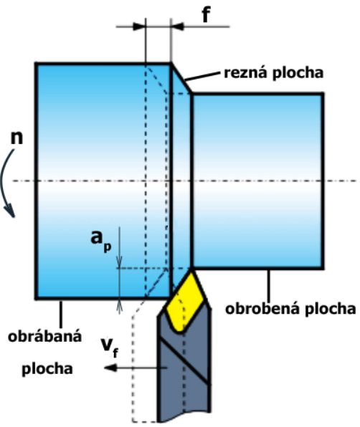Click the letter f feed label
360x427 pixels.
coord(206,15)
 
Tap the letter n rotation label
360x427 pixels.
coord(16,138)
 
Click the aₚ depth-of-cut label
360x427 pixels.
coord(101,240)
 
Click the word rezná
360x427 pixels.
coord(247,72)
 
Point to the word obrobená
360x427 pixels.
coord(263,309)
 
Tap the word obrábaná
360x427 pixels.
coord(44,337)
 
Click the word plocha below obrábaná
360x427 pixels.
coord(47,369)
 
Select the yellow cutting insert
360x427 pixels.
coord(185,302)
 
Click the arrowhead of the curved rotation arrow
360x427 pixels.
coord(10,211)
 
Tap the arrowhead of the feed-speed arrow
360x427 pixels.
coord(110,368)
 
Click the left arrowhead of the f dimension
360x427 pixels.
coord(139,27)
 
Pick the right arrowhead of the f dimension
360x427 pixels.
coord(177,27)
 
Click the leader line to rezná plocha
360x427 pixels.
coord(202,76)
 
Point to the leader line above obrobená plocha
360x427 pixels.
coord(269,285)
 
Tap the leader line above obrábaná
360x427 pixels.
coord(61,314)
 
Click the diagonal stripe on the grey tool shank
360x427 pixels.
coord(184,361)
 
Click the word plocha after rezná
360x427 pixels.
coord(298,72)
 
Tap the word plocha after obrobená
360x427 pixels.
coord(331,310)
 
